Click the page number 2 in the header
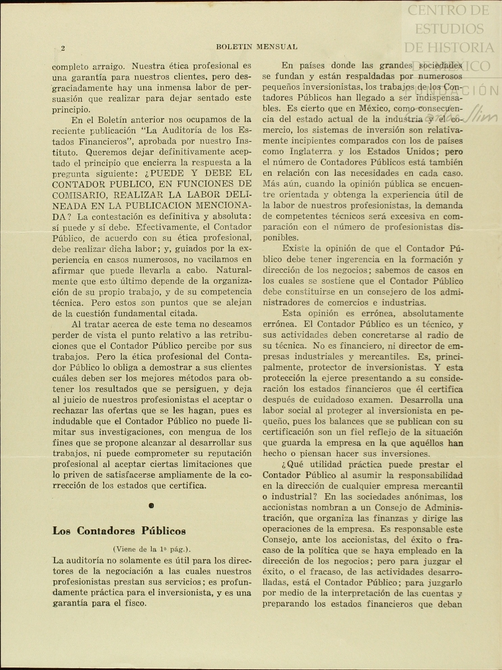63,48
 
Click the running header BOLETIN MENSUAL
257,47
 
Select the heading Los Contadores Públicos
119,531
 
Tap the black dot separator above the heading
151,506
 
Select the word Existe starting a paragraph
296,249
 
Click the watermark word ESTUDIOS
449,28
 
